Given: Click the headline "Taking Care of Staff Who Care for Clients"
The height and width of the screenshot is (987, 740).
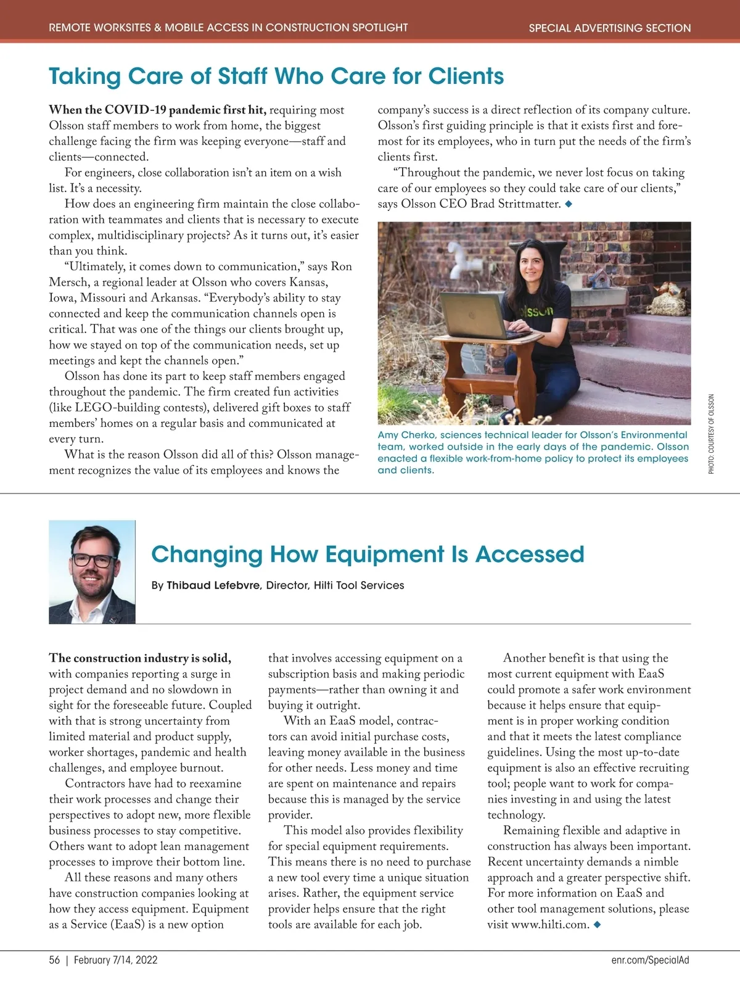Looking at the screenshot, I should tap(276, 76).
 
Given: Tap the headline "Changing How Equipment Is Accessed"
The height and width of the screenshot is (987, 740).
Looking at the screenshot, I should tap(368, 554).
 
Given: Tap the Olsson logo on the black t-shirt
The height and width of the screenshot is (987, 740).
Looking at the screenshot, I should tap(535, 312).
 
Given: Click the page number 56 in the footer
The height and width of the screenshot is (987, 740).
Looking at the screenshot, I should tap(55, 960).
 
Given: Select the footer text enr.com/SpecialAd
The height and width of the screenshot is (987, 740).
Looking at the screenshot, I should tap(651, 960).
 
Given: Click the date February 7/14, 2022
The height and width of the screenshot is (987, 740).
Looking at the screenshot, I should tap(116, 960).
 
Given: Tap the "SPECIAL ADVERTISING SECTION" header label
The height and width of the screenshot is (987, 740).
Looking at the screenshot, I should tap(609, 28).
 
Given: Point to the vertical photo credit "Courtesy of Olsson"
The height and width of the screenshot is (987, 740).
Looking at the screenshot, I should tap(711, 434).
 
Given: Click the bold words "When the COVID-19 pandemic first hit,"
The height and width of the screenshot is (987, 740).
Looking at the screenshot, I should tap(158, 110).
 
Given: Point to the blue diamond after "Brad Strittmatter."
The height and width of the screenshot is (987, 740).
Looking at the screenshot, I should tap(569, 204).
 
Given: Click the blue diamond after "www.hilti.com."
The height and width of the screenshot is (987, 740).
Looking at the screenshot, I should tap(597, 924).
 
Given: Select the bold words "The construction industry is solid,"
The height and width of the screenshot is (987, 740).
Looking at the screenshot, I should tap(140, 658).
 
